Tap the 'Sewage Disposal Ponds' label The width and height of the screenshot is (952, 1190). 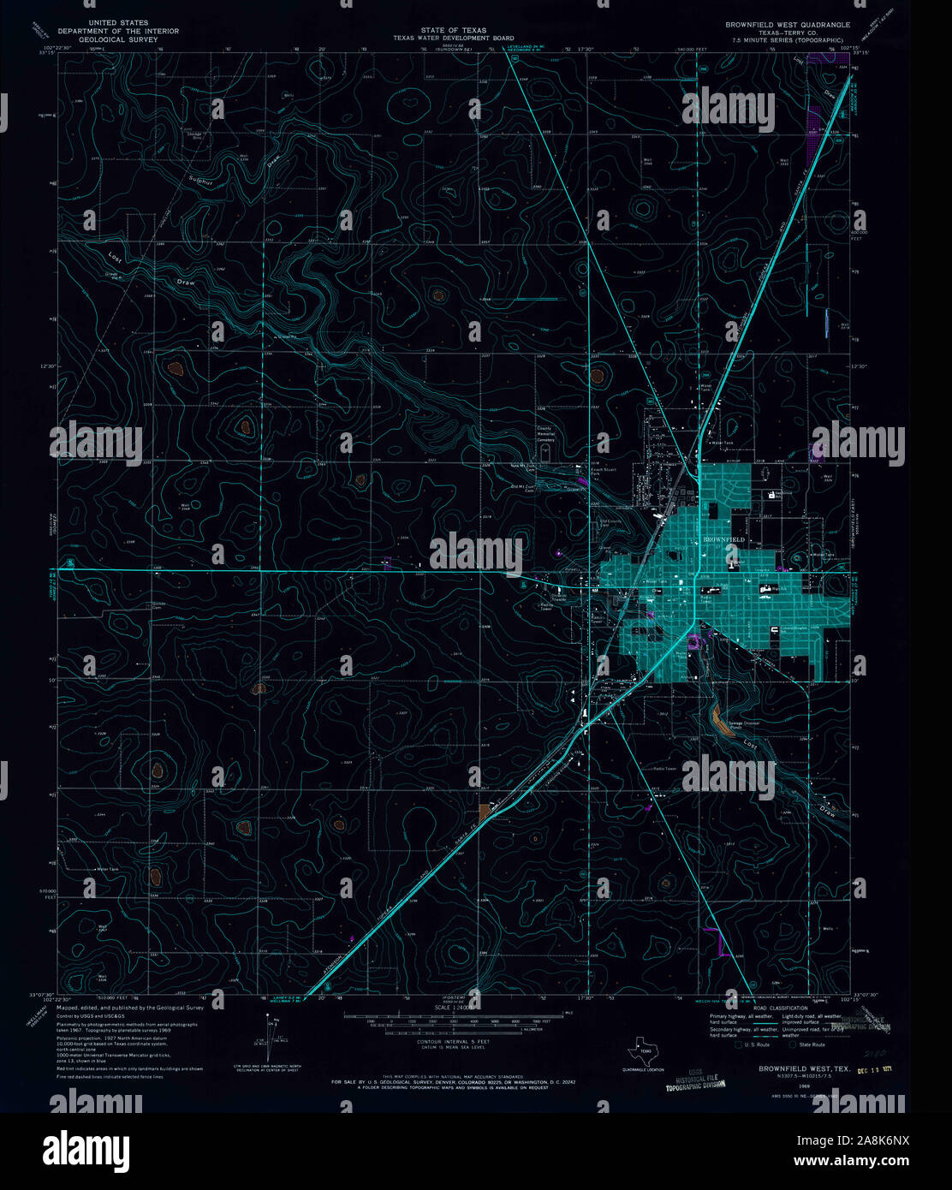coord(741,725)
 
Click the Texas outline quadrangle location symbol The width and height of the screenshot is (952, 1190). coord(640,1050)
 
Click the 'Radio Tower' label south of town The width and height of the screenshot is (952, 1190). coord(665,767)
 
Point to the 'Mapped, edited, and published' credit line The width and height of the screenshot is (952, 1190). coord(130,1008)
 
